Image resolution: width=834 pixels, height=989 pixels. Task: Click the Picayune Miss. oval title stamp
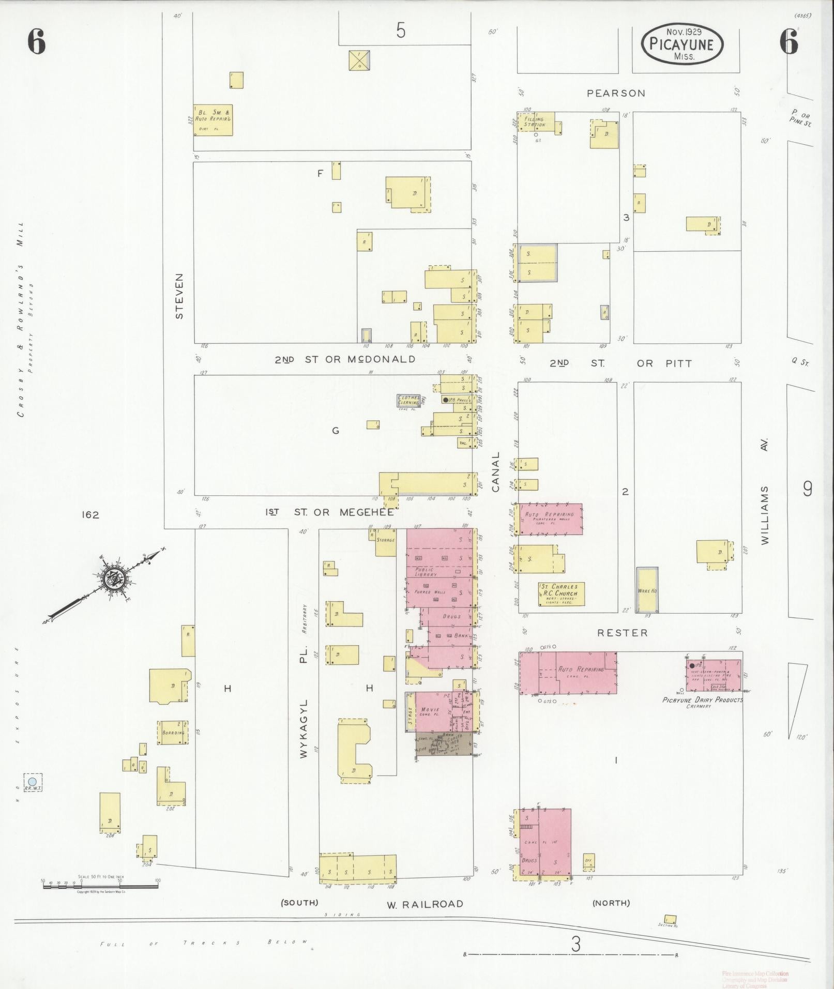click(x=682, y=44)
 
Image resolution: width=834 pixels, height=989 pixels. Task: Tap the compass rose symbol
click(x=113, y=579)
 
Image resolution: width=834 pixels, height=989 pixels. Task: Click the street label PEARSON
click(x=616, y=94)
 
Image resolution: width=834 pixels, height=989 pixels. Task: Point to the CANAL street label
click(x=496, y=471)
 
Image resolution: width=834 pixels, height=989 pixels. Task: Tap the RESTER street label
click(x=622, y=633)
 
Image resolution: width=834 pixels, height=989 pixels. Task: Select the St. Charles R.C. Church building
click(x=561, y=594)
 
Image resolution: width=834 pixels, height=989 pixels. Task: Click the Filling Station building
click(x=535, y=122)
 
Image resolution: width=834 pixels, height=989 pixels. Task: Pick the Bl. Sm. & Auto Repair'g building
click(x=213, y=120)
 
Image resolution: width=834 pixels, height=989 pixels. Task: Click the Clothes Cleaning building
click(x=408, y=400)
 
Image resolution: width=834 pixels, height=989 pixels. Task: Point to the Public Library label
click(x=428, y=572)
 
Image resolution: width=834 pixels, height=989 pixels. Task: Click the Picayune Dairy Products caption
click(x=702, y=700)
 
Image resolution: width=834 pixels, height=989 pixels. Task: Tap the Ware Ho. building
click(x=646, y=589)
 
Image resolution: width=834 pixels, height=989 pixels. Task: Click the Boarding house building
click(x=173, y=733)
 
